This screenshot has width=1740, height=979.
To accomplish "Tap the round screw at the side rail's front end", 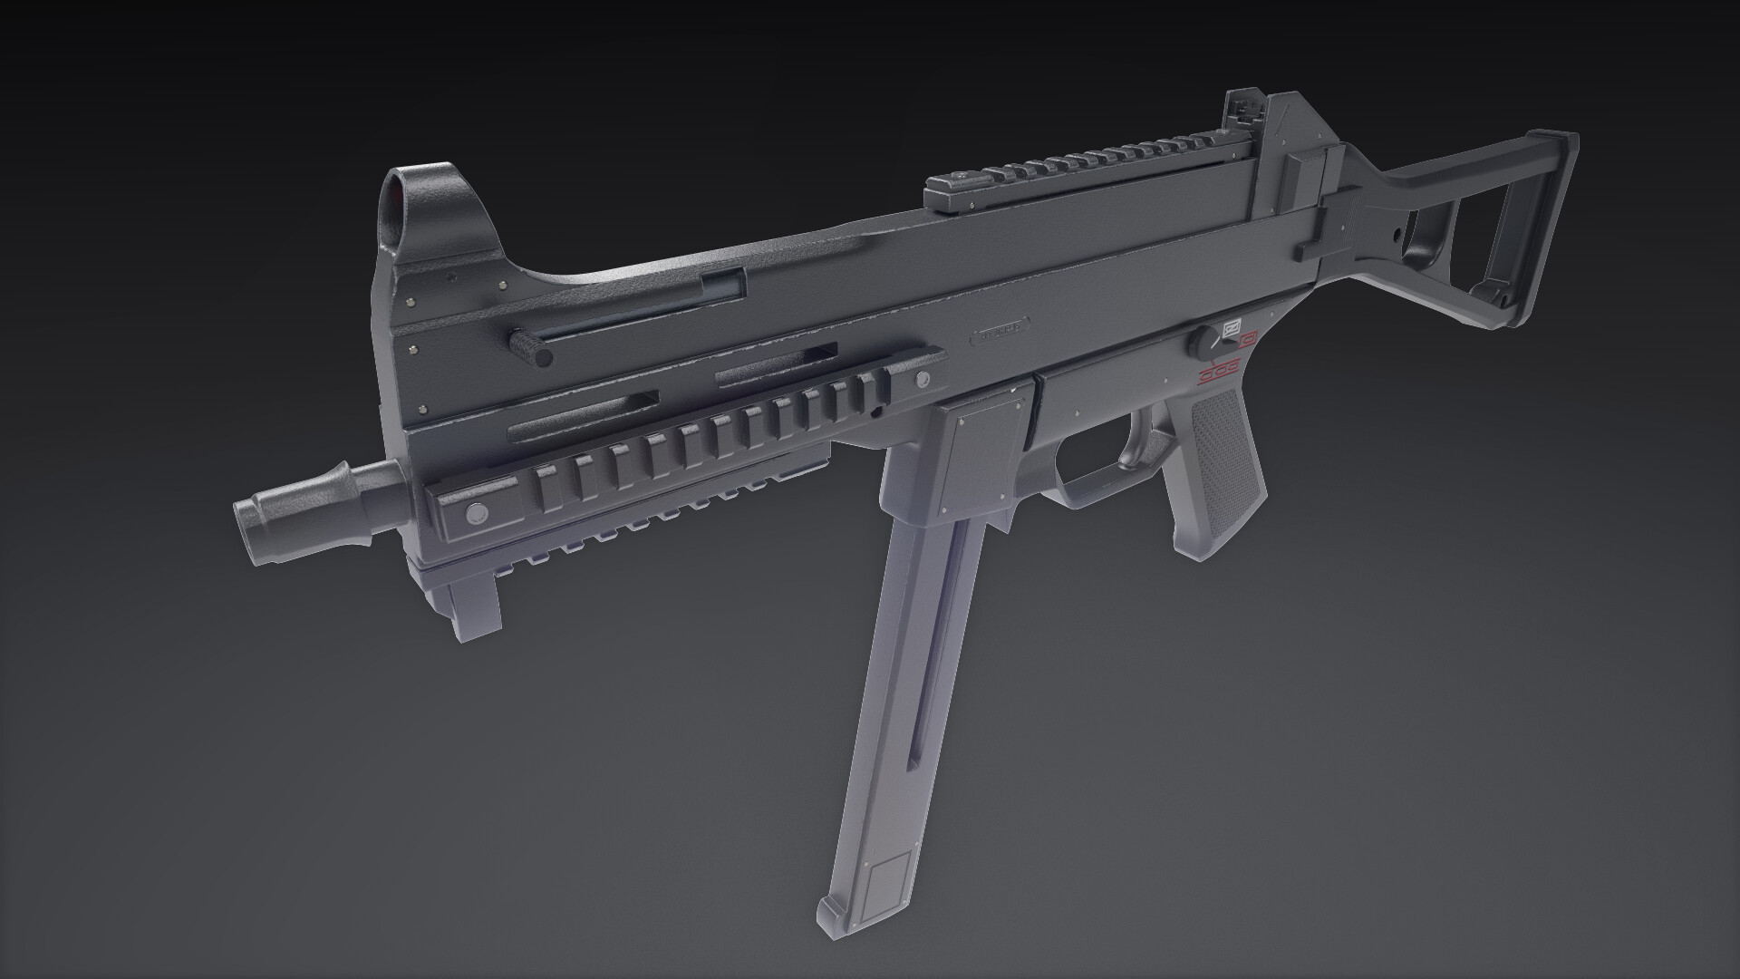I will (473, 515).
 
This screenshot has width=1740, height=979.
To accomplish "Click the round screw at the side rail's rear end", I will (923, 378).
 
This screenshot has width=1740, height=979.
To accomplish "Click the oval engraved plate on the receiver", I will (1000, 333).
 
